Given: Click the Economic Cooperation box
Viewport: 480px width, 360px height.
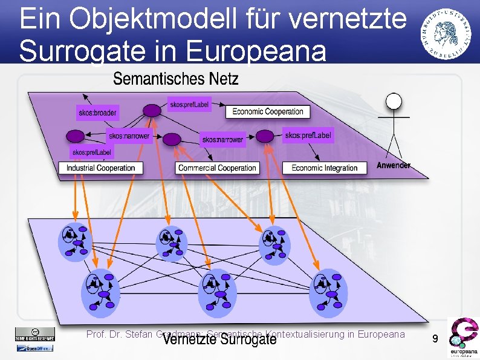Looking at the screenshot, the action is coord(268,111).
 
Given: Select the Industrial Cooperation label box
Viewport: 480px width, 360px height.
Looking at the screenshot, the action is coord(100,168).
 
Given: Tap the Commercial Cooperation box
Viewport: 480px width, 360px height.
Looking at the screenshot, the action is coord(218,168).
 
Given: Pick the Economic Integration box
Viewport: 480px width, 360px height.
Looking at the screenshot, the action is coord(325,168).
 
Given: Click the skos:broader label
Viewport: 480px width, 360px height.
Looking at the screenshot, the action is coord(97,113).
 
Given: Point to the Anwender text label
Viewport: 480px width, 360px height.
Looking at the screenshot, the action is coord(394,165).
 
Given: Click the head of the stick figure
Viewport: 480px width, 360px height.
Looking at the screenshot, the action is coord(394,100).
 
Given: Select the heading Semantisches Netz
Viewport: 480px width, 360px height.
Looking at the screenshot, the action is coord(176,79).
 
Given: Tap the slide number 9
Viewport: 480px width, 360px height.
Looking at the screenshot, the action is coord(435,340).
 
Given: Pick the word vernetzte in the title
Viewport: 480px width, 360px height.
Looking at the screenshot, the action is coord(341,19).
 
